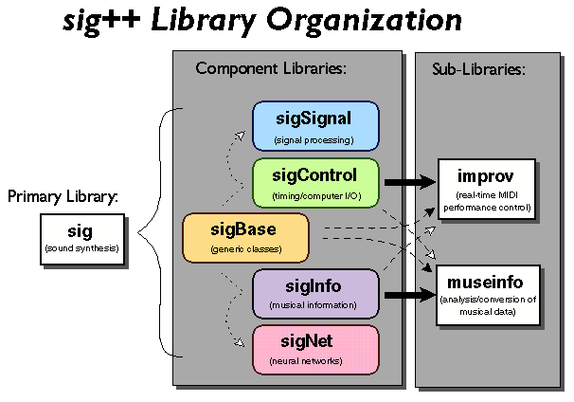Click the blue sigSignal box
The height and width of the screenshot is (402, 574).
(315, 127)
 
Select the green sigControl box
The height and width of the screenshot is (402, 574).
(315, 182)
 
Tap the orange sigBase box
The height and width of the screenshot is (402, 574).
(245, 237)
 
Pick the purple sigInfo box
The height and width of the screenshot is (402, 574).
(315, 292)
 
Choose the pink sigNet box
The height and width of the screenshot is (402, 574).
(315, 348)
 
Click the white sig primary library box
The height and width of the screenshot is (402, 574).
(81, 238)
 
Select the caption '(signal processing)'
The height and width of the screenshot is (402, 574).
(315, 140)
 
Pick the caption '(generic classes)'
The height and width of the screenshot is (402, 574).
(245, 251)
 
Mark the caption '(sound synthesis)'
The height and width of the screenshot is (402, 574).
(81, 249)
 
